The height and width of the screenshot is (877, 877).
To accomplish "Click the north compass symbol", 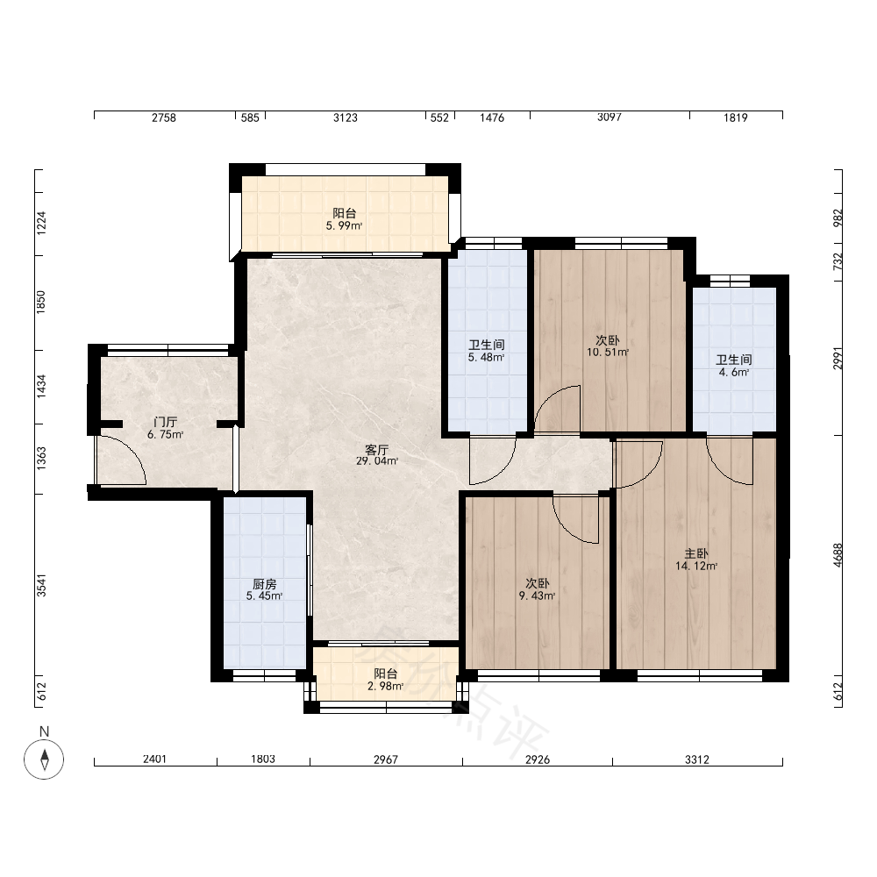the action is [44, 759].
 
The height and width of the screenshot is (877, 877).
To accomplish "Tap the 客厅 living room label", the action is [376, 449].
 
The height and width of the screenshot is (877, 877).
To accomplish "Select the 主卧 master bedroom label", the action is [696, 553].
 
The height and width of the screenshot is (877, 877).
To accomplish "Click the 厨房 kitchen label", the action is [265, 584].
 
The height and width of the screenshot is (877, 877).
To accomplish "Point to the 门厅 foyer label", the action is [166, 423].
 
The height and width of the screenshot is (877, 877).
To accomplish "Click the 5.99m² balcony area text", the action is [345, 226].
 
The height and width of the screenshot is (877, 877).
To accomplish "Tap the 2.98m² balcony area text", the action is [385, 687].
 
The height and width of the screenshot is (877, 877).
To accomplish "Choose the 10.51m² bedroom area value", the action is [608, 353].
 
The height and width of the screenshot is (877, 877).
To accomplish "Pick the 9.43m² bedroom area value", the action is [537, 596].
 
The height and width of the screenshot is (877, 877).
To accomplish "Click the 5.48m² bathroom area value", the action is [487, 358].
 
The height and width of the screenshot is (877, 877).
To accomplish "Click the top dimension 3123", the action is [345, 118].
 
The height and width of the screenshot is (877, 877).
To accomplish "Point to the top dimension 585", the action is [250, 118].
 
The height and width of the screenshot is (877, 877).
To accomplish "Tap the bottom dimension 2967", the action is [386, 759].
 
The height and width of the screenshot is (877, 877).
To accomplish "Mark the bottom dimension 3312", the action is [697, 759].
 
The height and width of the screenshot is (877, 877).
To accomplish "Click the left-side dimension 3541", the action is [41, 585].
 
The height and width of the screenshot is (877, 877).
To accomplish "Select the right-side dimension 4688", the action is [838, 555].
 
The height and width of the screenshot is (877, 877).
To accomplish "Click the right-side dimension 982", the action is [838, 218].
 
